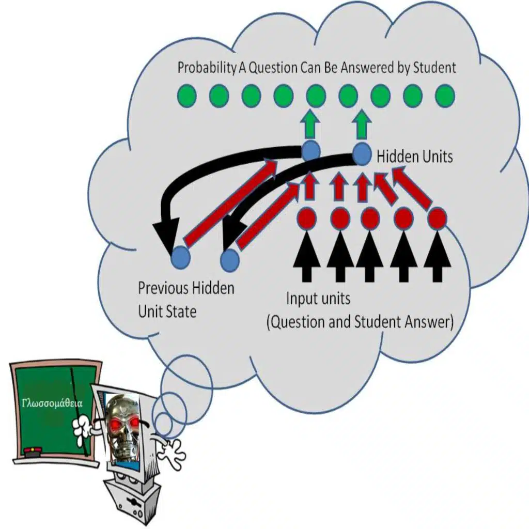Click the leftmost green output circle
click(186, 96)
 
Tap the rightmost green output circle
click(445, 96)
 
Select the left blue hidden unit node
click(311, 150)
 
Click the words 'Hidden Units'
click(414, 157)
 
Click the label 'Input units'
click(318, 299)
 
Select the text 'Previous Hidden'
click(185, 288)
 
